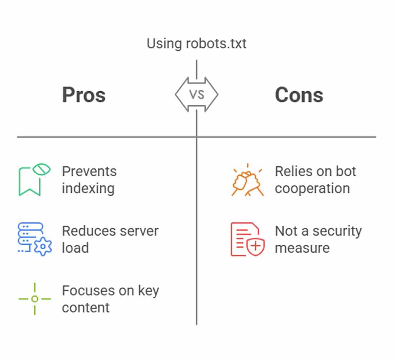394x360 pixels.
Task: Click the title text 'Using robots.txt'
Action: (197, 44)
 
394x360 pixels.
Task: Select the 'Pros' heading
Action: (84, 95)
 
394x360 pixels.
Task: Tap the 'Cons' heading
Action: (299, 95)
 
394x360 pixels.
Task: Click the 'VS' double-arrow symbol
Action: (197, 95)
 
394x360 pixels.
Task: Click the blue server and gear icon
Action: (35, 239)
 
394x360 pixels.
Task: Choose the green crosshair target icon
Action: (35, 299)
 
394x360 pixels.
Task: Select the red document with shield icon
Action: (248, 239)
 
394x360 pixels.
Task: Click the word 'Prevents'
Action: (90, 172)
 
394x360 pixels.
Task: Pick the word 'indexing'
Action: (88, 189)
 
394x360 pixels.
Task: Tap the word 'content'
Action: (86, 308)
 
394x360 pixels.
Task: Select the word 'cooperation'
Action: (312, 189)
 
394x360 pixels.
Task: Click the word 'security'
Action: (337, 231)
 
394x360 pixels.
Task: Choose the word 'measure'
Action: (302, 248)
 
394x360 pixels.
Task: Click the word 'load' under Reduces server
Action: (75, 248)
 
